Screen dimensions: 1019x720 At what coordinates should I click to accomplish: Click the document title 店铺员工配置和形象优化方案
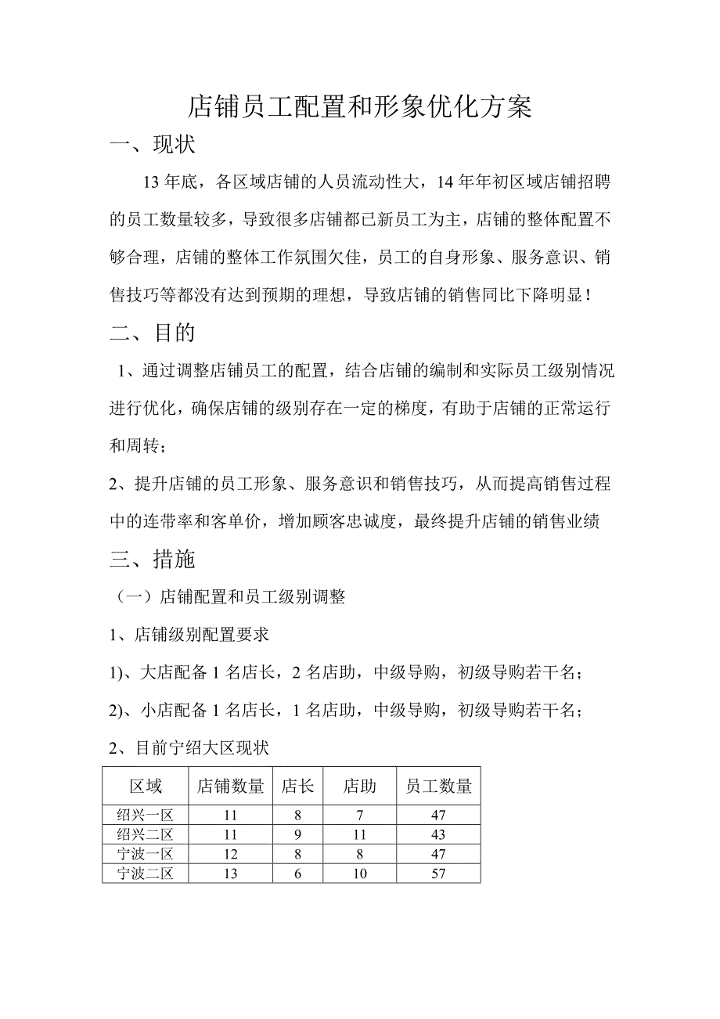point(360,108)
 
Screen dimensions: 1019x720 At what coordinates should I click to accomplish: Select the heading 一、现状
point(153,146)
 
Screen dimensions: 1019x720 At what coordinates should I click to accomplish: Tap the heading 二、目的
point(153,333)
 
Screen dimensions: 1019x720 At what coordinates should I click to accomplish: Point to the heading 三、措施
point(153,559)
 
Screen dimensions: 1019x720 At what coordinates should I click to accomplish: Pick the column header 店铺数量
point(230,786)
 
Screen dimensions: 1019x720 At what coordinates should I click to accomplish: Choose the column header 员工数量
point(438,786)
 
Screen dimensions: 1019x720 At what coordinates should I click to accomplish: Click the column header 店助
point(359,786)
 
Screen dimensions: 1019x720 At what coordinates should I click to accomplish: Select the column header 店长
point(297,786)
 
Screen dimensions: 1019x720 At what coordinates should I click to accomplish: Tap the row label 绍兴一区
point(145,816)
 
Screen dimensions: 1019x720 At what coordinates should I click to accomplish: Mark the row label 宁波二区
point(145,873)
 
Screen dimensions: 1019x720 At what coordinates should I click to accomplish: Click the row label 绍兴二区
point(145,835)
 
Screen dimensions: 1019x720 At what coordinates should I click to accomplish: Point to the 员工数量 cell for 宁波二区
point(438,873)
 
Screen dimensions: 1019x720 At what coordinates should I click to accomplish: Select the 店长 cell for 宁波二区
point(297,873)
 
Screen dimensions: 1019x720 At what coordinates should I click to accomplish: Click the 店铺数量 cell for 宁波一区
point(230,854)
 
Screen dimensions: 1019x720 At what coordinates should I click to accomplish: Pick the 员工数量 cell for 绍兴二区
point(438,835)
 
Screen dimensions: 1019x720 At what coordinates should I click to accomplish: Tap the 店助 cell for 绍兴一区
point(359,816)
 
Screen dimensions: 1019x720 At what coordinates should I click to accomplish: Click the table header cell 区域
point(145,786)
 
